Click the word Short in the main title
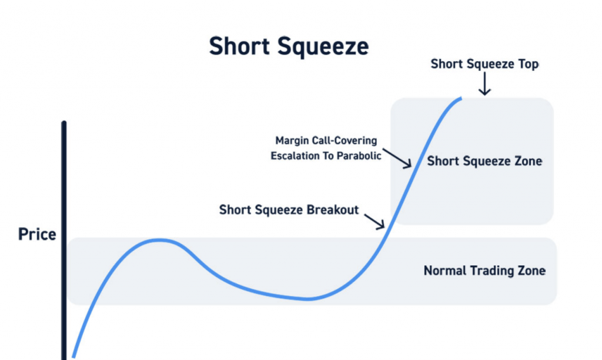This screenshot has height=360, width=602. (x=239, y=46)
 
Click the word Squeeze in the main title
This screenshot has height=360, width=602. (x=323, y=47)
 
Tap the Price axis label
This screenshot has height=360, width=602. (x=37, y=234)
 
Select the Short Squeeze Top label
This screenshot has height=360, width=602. (x=484, y=64)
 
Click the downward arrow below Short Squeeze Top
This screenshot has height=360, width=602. (x=484, y=84)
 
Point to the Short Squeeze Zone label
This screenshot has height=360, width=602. (x=484, y=161)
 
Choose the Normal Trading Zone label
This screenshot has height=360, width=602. (x=484, y=271)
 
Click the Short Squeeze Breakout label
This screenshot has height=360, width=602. (x=289, y=210)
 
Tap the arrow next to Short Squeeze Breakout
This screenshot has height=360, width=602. (x=374, y=221)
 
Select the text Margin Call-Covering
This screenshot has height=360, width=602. (x=326, y=141)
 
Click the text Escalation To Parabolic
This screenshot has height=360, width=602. (x=326, y=156)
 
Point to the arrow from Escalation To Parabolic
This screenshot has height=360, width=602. (x=397, y=158)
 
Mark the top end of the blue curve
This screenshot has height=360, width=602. (x=461, y=99)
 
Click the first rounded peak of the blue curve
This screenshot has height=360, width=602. (x=159, y=241)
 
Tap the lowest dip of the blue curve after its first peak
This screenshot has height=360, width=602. (x=307, y=298)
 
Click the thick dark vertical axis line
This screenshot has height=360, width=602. (x=63, y=241)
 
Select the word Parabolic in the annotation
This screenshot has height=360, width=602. (x=359, y=156)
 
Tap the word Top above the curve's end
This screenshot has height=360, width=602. (x=529, y=64)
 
